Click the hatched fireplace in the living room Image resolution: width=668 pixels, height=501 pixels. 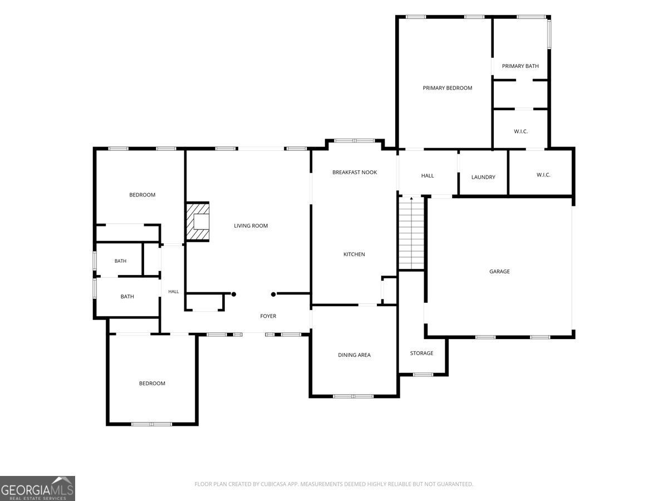[x=198, y=222]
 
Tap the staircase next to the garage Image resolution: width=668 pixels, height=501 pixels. [x=411, y=233]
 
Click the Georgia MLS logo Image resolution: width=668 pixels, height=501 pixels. [x=37, y=488]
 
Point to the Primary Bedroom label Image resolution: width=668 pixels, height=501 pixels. [x=447, y=88]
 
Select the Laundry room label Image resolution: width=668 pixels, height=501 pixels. [x=483, y=177]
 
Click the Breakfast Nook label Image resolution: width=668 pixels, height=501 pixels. [x=354, y=172]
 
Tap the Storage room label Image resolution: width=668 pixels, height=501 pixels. [x=421, y=353]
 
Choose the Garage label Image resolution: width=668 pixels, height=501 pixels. [x=499, y=271]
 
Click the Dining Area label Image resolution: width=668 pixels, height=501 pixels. [x=354, y=355]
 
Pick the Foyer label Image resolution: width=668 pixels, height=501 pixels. [x=268, y=316]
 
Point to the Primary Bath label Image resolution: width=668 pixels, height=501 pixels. [x=520, y=66]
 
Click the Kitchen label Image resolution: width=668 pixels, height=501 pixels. [x=354, y=254]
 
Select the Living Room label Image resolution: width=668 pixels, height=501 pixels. [x=250, y=225]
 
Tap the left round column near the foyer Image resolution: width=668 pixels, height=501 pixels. [x=233, y=294]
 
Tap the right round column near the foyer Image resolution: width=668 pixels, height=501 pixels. [x=273, y=294]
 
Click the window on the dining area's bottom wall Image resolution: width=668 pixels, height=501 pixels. [x=353, y=396]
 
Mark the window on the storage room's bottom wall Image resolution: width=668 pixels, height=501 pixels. [x=423, y=375]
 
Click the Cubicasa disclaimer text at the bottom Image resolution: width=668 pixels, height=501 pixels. [x=333, y=484]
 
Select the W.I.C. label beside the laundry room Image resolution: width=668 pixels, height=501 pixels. [x=543, y=175]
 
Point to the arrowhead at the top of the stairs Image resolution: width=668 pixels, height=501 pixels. [x=411, y=198]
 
